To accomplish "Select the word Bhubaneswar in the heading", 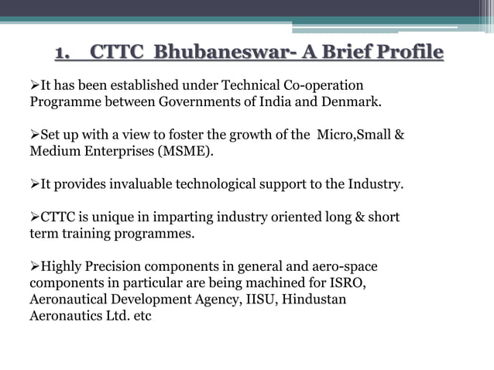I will pyautogui.click(x=208, y=53).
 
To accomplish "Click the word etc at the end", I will pyautogui.click(x=142, y=316).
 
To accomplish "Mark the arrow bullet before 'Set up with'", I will pyautogui.click(x=35, y=135).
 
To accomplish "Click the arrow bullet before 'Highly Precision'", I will pyautogui.click(x=35, y=268).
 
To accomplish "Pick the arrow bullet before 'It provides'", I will pyautogui.click(x=35, y=185).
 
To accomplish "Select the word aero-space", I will pyautogui.click(x=345, y=267).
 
